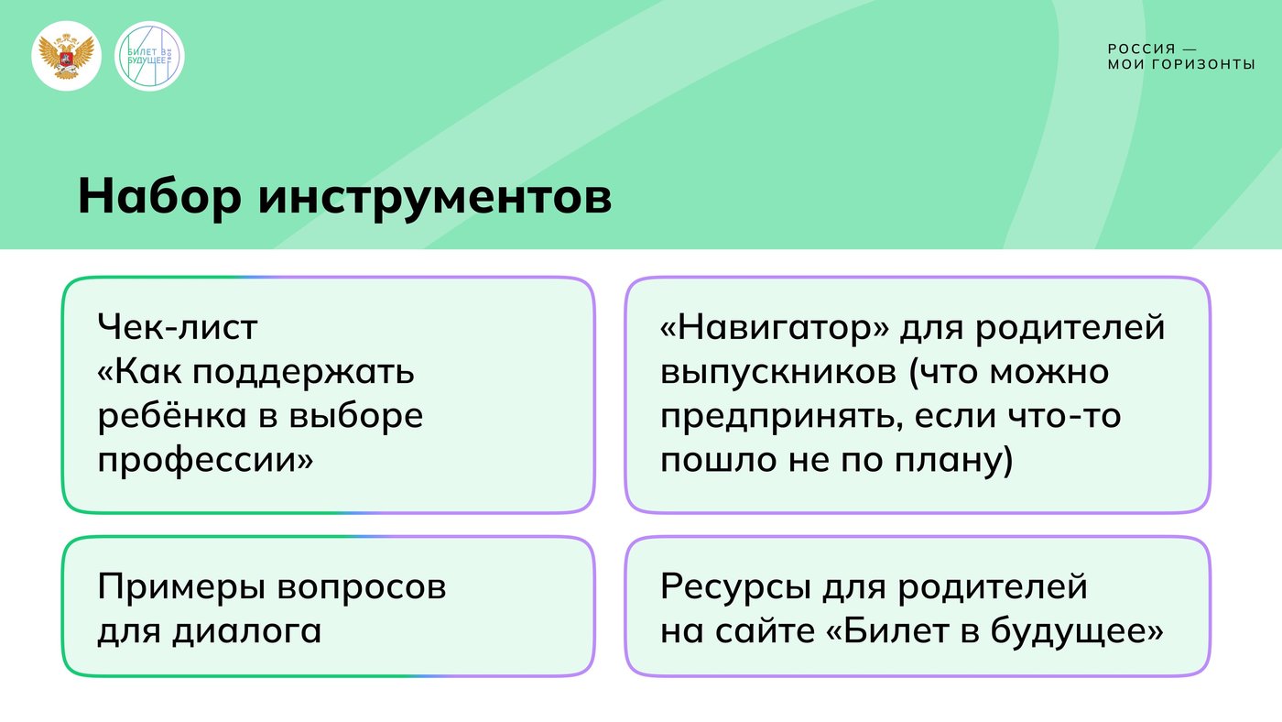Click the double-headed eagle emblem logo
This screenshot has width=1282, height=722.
tap(66, 56)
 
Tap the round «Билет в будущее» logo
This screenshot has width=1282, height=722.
tap(149, 56)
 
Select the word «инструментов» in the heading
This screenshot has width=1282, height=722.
tap(435, 199)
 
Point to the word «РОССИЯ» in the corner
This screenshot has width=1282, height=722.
tap(1142, 49)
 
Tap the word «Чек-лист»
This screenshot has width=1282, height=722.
tap(178, 327)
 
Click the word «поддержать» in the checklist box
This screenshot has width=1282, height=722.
tap(303, 373)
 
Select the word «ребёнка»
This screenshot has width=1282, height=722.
tap(172, 415)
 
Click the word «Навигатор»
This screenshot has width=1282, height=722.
tap(775, 327)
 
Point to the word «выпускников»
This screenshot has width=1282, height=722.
tap(778, 373)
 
